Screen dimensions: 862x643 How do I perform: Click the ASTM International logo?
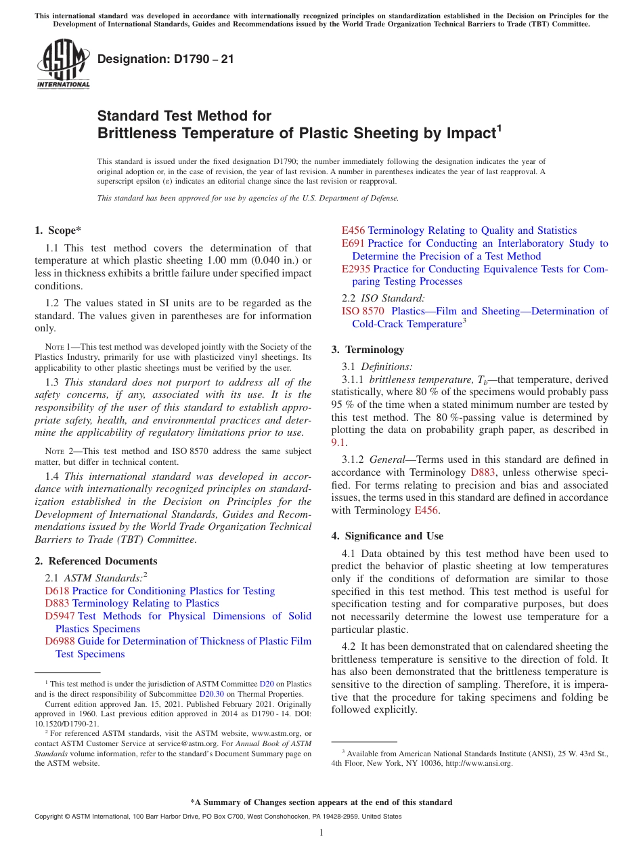pos(62,64)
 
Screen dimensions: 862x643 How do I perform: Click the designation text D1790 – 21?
pos(166,59)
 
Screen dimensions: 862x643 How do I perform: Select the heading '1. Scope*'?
pos(59,230)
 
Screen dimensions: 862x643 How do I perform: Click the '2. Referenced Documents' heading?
pos(96,561)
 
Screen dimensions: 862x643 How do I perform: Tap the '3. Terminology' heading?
pos(368,350)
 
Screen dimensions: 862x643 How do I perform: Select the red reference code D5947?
pos(60,616)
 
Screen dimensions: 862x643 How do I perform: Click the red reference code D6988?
pos(60,641)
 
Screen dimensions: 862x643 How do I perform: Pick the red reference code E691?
pos(353,243)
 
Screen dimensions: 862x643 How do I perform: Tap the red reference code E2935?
pos(356,269)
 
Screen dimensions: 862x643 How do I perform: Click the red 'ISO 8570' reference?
pos(363,311)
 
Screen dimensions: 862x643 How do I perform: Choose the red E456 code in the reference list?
pos(353,230)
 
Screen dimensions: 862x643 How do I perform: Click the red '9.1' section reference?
pos(338,443)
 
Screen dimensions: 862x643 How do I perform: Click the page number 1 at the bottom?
pos(321,832)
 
